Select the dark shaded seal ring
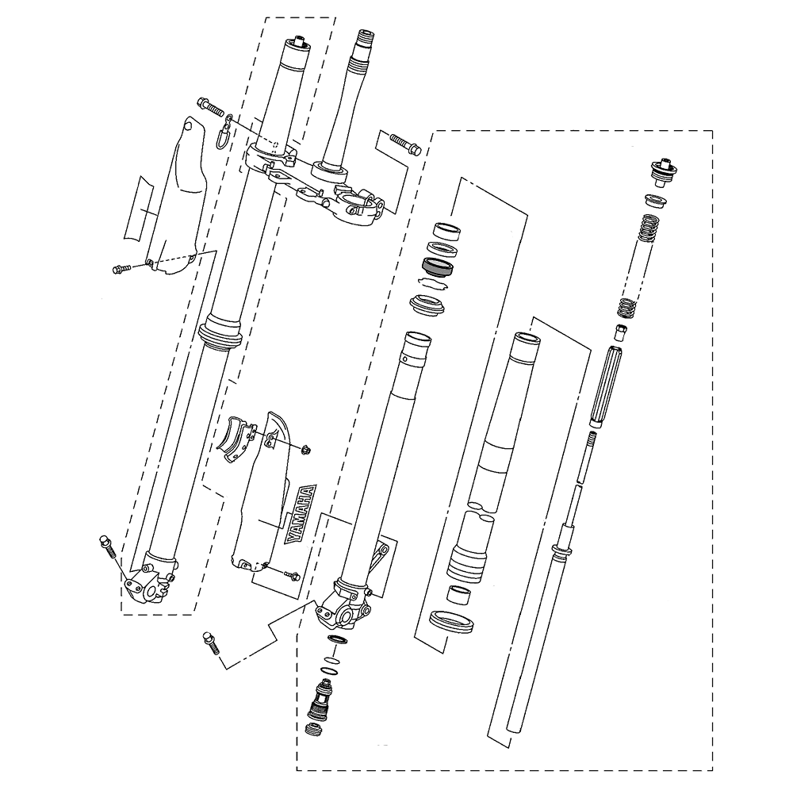[x=438, y=267]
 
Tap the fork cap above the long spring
[x=663, y=172]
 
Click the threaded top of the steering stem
[x=365, y=38]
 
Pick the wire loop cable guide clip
[x=224, y=132]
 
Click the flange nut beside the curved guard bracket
[x=306, y=449]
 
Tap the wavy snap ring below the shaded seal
[x=433, y=283]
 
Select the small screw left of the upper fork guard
[x=121, y=268]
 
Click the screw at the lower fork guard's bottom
[x=292, y=574]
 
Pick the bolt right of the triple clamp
[x=405, y=143]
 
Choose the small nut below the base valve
[x=313, y=730]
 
